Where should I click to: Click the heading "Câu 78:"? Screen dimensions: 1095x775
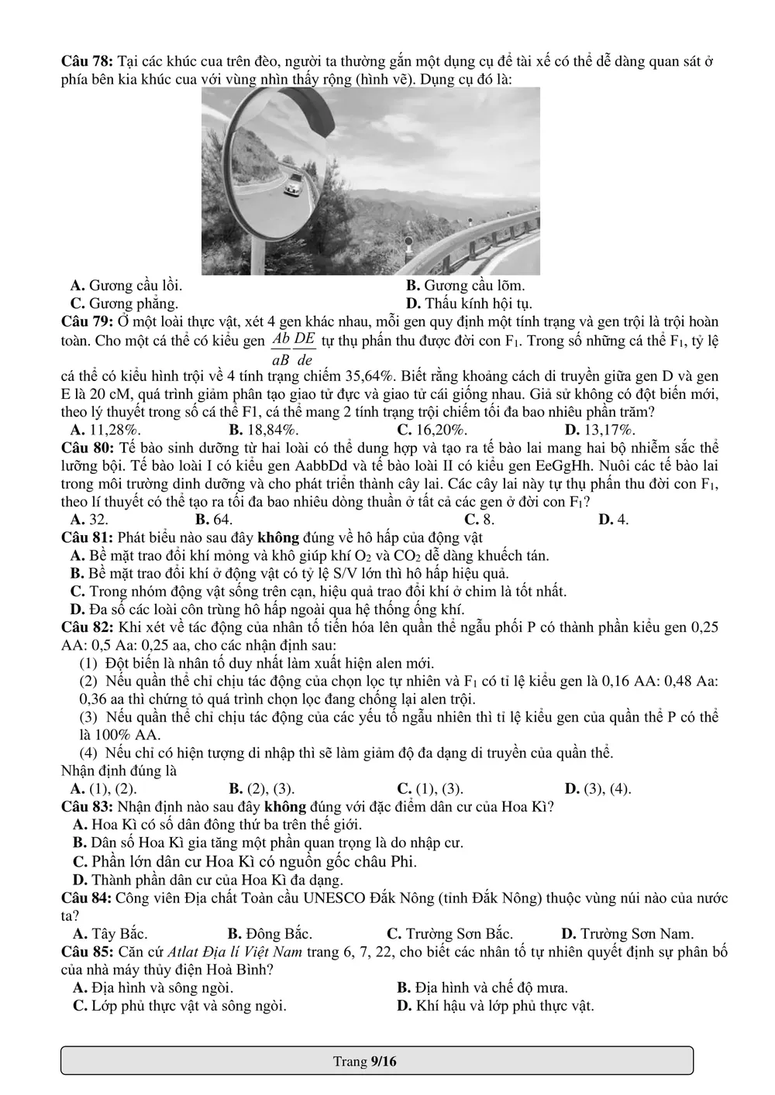87,61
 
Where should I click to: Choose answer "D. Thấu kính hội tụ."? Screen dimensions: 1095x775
469,304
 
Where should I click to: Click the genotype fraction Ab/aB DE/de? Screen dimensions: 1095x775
294,348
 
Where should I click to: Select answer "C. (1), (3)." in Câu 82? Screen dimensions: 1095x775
430,789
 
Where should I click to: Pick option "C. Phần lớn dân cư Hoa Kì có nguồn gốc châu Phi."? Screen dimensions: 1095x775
245,861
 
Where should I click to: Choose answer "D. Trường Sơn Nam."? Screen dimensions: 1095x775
627,934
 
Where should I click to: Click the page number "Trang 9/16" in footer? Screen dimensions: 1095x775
365,1061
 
